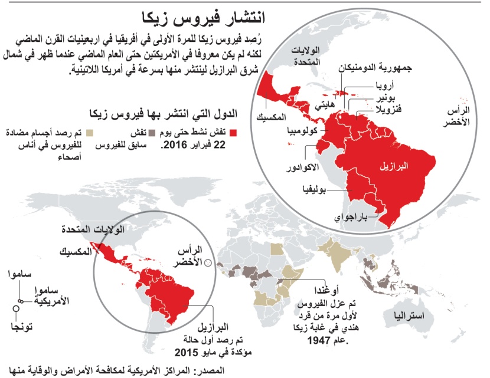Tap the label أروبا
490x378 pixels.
[384, 86]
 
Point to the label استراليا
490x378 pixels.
[407, 317]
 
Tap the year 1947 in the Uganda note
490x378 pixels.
[333, 341]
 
